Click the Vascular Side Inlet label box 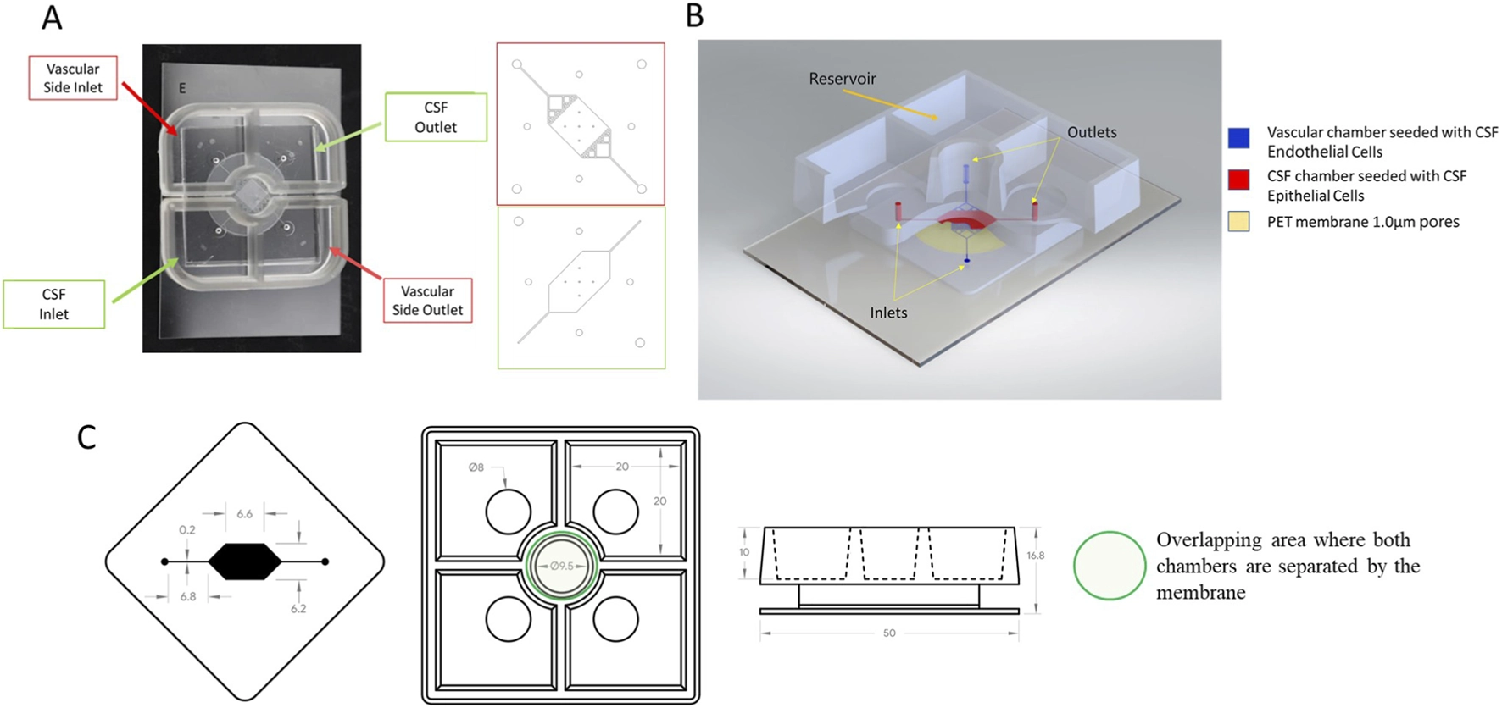click(73, 78)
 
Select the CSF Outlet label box click(436, 117)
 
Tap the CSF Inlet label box click(53, 304)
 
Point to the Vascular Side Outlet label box click(427, 301)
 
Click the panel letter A click(52, 18)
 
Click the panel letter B click(694, 16)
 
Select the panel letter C click(86, 438)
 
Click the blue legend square click(1238, 138)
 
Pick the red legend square click(1238, 180)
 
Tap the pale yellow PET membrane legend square click(1238, 222)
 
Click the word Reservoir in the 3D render click(843, 79)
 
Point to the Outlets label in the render click(1092, 132)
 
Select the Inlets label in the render click(888, 313)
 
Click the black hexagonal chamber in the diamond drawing click(244, 561)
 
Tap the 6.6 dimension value click(245, 514)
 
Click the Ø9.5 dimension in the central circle click(562, 566)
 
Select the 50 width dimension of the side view click(889, 633)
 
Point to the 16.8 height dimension click(1035, 556)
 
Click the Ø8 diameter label click(476, 467)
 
